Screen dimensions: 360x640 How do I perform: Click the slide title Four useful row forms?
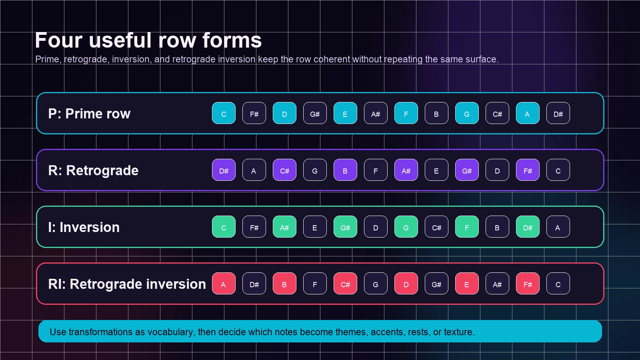pyautogui.click(x=148, y=40)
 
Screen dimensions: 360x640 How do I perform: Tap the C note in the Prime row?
pyautogui.click(x=224, y=114)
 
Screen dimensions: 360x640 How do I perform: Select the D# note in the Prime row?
pyautogui.click(x=558, y=114)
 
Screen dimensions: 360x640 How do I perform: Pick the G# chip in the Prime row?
pyautogui.click(x=315, y=114)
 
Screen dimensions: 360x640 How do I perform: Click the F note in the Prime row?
pyautogui.click(x=406, y=114)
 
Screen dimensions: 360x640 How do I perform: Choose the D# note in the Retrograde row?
pyautogui.click(x=224, y=170)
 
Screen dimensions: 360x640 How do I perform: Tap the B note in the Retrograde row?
pyautogui.click(x=345, y=170)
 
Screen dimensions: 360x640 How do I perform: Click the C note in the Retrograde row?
pyautogui.click(x=558, y=170)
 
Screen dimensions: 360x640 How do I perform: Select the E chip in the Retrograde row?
pyautogui.click(x=436, y=170)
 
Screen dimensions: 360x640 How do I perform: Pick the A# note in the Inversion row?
pyautogui.click(x=284, y=227)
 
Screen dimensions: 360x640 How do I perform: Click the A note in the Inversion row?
pyautogui.click(x=558, y=227)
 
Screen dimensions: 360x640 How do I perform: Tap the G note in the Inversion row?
pyautogui.click(x=406, y=227)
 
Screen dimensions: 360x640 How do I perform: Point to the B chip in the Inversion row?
pyautogui.click(x=497, y=227)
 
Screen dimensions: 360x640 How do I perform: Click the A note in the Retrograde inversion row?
pyautogui.click(x=224, y=284)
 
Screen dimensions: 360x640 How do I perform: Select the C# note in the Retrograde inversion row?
pyautogui.click(x=345, y=284)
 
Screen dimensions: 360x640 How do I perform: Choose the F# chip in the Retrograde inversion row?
pyautogui.click(x=528, y=284)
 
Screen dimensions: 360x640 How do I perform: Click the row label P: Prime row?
pyautogui.click(x=89, y=114)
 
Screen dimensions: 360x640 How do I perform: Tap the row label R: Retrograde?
pyautogui.click(x=93, y=170)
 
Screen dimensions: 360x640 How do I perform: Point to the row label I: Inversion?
pyautogui.click(x=84, y=227)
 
